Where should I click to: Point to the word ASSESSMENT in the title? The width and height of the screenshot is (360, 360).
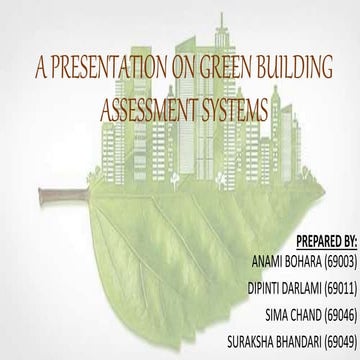pyautogui.click(x=151, y=106)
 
